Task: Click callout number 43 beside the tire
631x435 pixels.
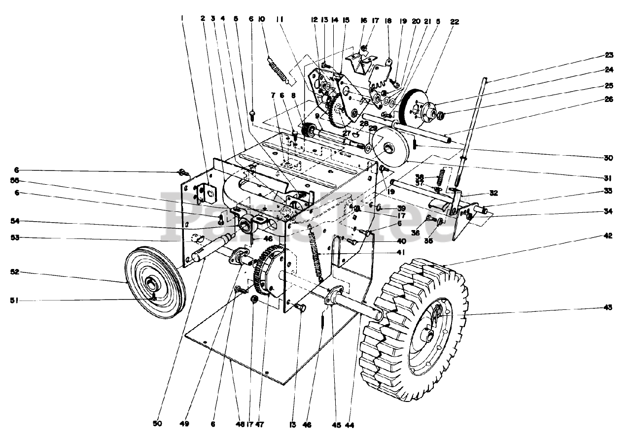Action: coord(607,307)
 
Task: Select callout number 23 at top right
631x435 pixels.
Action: coord(609,55)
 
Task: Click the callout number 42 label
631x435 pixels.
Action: coord(608,236)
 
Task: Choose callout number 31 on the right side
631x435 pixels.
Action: coord(609,178)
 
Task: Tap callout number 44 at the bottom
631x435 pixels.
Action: coord(351,424)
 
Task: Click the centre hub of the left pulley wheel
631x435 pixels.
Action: coord(151,284)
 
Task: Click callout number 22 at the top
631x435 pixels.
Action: coord(454,21)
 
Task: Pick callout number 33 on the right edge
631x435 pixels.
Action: coord(609,191)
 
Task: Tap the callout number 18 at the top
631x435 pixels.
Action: coord(388,21)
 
